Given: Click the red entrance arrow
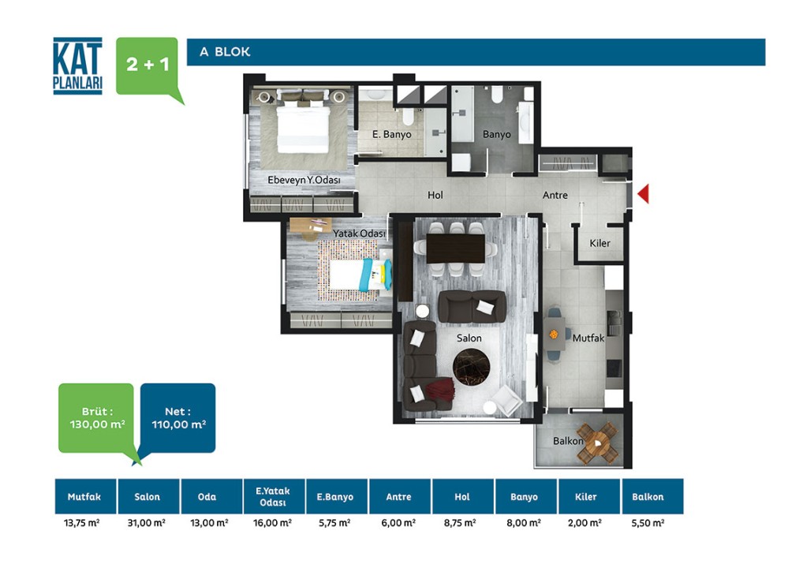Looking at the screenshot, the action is (x=644, y=193).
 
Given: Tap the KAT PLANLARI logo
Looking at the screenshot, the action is (x=78, y=66).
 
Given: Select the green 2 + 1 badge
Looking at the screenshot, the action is (x=148, y=65).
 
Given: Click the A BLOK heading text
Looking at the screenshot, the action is (x=225, y=52).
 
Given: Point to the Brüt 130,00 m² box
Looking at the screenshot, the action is (x=96, y=418).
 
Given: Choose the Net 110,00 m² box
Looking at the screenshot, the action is (x=178, y=418).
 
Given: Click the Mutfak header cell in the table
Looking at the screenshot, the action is (x=85, y=496).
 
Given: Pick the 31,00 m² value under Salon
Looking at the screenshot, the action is (x=147, y=523).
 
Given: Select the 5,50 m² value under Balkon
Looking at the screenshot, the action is (x=648, y=523).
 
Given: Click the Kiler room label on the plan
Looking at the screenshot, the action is (x=599, y=243).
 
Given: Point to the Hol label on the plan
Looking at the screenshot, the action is (x=435, y=195).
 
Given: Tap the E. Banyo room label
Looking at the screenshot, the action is (x=392, y=134).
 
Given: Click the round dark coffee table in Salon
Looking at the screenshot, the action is (x=471, y=366).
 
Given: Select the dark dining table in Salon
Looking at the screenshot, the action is (x=455, y=248).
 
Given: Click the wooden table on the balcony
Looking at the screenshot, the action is (x=598, y=443).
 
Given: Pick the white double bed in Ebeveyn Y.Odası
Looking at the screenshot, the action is (x=303, y=127).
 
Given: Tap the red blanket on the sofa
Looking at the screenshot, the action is (x=439, y=388).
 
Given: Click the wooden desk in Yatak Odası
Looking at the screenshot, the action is (x=310, y=226).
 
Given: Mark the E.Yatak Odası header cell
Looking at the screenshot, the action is (x=274, y=496).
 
